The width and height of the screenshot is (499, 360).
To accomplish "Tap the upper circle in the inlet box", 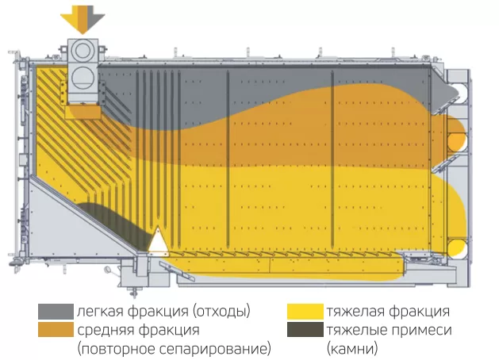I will [x=83, y=51].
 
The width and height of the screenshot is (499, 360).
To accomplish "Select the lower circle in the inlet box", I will [x=83, y=77].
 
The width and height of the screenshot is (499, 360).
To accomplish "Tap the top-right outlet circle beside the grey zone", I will [x=455, y=89].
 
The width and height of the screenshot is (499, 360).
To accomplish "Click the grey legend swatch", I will [x=56, y=311].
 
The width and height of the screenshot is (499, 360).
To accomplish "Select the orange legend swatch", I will [x=56, y=330].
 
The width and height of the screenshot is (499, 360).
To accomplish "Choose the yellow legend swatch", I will [x=305, y=311].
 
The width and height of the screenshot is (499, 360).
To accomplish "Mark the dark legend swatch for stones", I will [x=305, y=330].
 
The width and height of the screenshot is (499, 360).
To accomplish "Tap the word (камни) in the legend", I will [x=351, y=348].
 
